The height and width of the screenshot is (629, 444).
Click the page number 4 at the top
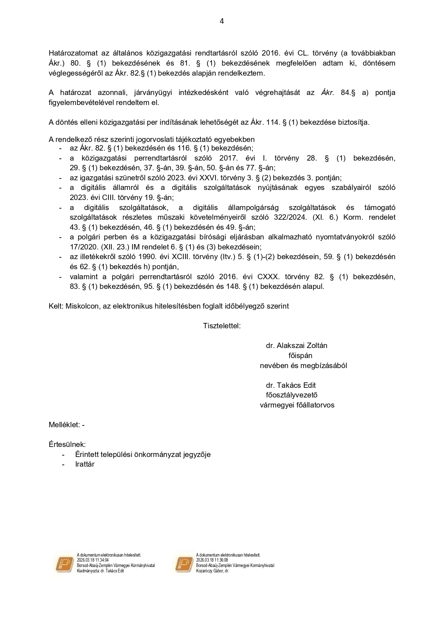(x=222, y=21)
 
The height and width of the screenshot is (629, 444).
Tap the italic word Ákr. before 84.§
(x=328, y=92)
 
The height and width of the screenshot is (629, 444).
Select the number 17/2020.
(x=82, y=247)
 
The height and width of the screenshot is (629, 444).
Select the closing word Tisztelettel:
(x=222, y=326)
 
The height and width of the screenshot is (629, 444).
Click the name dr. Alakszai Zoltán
(x=296, y=346)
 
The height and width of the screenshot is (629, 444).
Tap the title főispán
(x=300, y=356)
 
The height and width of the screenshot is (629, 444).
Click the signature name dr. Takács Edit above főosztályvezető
(x=291, y=385)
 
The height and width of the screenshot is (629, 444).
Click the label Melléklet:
(x=64, y=425)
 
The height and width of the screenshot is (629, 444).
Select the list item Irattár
(x=85, y=464)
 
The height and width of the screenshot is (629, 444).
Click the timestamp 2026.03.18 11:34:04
(x=93, y=560)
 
